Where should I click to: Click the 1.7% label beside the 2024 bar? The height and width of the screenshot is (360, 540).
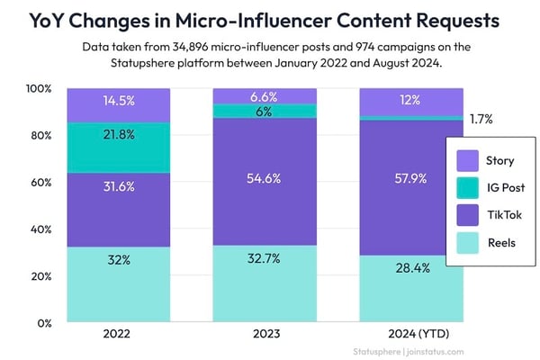point(481,119)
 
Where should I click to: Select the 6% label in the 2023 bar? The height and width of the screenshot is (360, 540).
point(265,111)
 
